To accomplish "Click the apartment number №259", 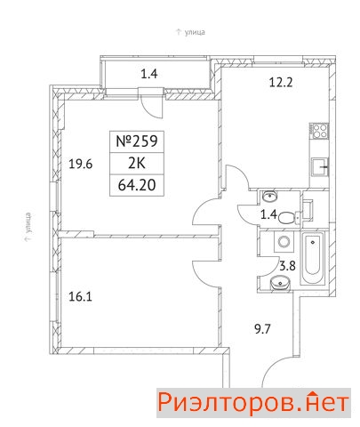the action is point(136,141).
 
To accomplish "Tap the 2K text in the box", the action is point(137,164).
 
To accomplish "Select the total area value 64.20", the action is point(137,185).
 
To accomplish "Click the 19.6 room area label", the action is point(81,164).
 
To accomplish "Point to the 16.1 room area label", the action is point(80,296).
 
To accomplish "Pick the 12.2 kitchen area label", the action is point(281,82).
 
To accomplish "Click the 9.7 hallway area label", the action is point(263,329).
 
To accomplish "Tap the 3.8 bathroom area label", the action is point(288,266).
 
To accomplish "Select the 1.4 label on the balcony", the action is point(149,74).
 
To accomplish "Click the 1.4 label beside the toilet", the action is point(268,213).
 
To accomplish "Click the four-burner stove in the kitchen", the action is point(319,131).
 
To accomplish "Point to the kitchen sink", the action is point(320,167).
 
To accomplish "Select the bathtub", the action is point(313,258).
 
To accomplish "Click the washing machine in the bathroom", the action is point(284,241).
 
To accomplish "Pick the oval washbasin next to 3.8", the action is point(280,282).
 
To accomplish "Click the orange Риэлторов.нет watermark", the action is point(253,402).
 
